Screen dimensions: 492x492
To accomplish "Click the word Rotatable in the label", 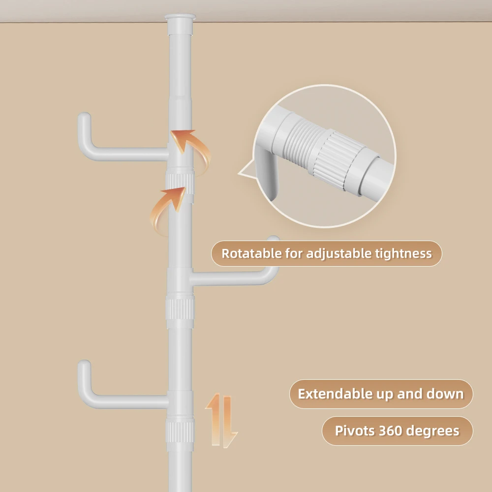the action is (251, 254).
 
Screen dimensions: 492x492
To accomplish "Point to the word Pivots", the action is (355, 431).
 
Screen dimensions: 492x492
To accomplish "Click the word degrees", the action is (435, 431).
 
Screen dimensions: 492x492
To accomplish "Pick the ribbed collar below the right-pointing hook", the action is (180, 312).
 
